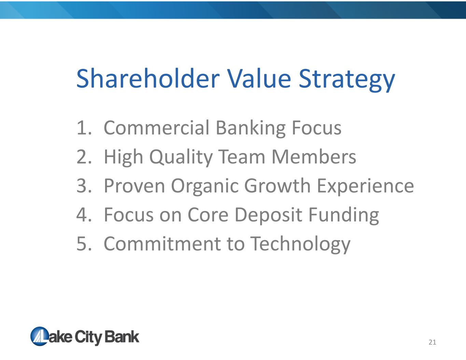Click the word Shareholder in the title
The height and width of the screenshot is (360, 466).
coord(148,78)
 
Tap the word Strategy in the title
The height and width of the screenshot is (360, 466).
coord(347,80)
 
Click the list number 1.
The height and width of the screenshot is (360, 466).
coord(84,128)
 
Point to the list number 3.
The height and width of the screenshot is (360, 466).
coord(84,186)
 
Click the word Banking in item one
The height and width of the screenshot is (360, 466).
coord(251,128)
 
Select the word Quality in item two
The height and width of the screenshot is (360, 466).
coord(181,158)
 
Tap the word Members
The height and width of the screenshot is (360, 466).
coord(314,157)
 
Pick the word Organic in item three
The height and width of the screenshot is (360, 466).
coord(205,186)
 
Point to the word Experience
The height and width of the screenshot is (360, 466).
coord(365,186)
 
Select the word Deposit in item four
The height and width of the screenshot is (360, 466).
coord(268,215)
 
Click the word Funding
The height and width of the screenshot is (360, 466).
coord(344,215)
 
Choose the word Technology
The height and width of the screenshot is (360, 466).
coord(300,245)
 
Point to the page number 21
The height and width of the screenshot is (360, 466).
coord(432,342)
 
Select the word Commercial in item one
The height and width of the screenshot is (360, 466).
coord(156,128)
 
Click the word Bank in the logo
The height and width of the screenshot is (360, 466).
coord(122,337)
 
